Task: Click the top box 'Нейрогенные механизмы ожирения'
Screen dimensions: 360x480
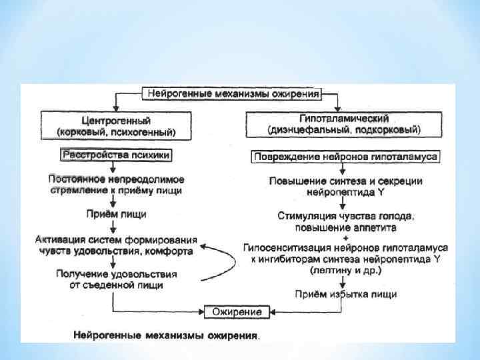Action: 233,93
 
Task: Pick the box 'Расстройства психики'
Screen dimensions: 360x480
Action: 117,155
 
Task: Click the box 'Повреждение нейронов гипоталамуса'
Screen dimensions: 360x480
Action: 345,158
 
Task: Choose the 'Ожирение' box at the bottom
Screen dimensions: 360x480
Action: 232,311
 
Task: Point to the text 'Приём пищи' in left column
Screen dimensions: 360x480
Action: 116,215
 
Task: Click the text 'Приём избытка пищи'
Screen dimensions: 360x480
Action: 345,294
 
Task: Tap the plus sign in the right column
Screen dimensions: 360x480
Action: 345,237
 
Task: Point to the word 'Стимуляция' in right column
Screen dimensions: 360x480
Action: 305,216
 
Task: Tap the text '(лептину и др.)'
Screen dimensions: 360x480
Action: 345,271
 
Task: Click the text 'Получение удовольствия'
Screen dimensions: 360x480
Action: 117,274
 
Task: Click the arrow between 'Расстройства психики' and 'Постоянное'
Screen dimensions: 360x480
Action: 117,168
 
